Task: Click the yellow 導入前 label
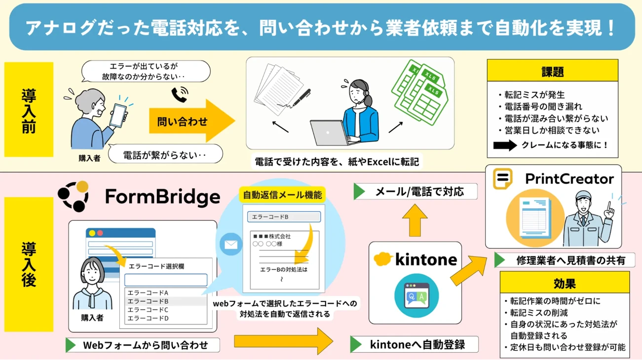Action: tap(29, 109)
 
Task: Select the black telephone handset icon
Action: tap(180, 94)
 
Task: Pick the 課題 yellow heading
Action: tap(552, 71)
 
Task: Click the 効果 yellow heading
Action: tap(565, 284)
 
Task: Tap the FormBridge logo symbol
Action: tap(74, 196)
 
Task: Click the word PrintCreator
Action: tap(569, 179)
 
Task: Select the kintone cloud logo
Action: tap(383, 259)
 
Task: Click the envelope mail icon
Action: tap(230, 244)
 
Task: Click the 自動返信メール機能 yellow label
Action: tap(282, 195)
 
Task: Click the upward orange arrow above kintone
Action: tap(415, 220)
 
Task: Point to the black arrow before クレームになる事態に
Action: tap(504, 145)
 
